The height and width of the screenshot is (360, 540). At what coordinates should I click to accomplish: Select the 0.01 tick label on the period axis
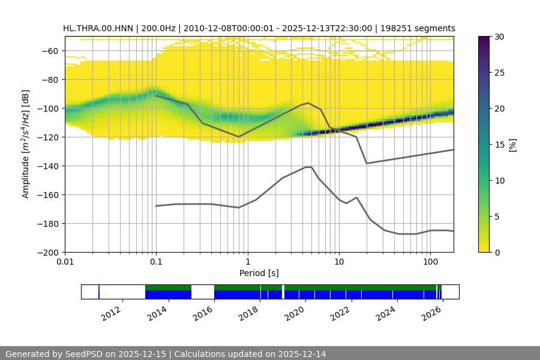(65, 262)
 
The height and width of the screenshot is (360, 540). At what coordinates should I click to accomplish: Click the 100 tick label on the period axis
(430, 262)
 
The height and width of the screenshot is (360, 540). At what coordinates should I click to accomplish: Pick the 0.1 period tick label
(156, 262)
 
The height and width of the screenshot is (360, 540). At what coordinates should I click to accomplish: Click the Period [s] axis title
(259, 274)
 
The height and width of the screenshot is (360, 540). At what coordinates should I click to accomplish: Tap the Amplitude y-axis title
(26, 144)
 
